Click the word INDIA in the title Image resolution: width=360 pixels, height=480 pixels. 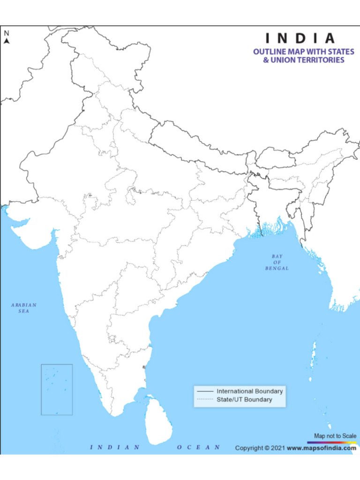(x=300, y=38)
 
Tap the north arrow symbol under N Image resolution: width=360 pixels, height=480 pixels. (x=7, y=41)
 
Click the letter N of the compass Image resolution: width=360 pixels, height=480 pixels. (x=7, y=33)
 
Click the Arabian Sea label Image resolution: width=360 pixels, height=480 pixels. (x=24, y=308)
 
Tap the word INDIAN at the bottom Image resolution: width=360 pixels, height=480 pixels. (x=115, y=447)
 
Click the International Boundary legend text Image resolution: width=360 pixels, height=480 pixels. (x=249, y=391)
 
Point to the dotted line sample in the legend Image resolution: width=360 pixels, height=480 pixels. (x=205, y=400)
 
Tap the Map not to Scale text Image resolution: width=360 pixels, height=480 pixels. (x=335, y=436)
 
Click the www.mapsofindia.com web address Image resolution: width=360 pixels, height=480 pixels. (x=321, y=448)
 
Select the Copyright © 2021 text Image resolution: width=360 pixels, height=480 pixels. (x=260, y=448)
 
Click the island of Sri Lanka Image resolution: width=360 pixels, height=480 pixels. (x=157, y=420)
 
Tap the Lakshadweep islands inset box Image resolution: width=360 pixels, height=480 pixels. (x=57, y=390)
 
